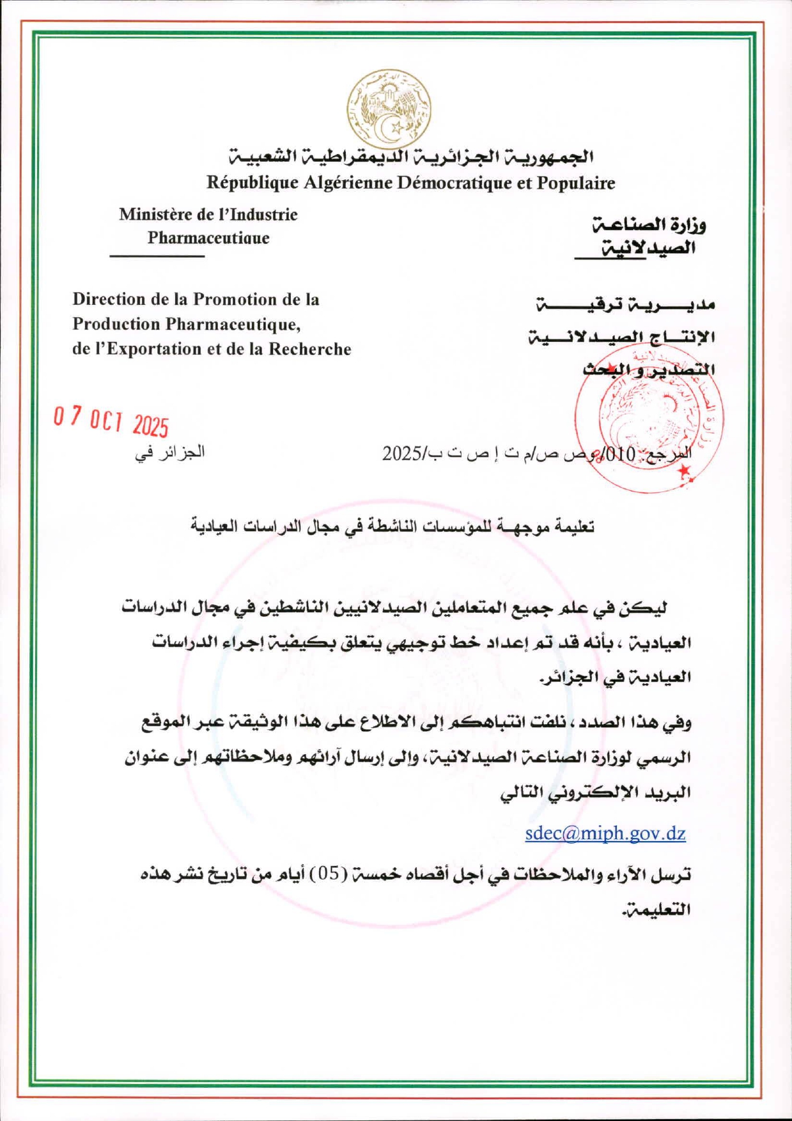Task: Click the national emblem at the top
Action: tap(389, 108)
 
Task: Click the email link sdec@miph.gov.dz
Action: tap(605, 833)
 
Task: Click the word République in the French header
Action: tap(252, 183)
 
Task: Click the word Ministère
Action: tap(156, 214)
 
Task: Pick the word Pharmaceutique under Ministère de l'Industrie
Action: tap(208, 238)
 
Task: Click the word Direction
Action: tap(108, 299)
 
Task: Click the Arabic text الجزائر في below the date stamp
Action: tap(170, 452)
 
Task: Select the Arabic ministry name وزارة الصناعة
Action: tap(649, 224)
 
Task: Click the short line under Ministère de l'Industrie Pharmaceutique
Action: tap(157, 256)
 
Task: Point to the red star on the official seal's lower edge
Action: tap(685, 471)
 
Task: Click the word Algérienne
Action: tap(347, 183)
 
